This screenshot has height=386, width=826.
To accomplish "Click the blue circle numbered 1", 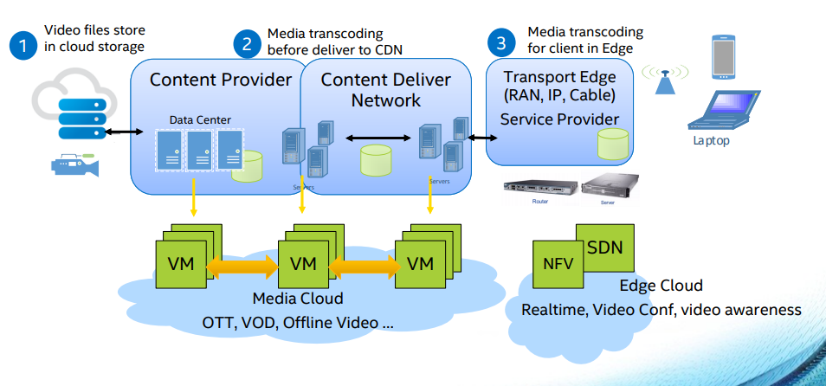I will click(23, 45).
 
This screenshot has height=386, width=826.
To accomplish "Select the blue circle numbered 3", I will click(500, 42).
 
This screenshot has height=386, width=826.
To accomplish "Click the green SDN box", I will click(603, 247).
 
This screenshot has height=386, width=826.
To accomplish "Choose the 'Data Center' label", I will click(200, 119).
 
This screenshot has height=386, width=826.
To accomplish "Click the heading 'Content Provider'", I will click(221, 80).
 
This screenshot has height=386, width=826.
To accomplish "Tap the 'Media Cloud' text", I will click(298, 299).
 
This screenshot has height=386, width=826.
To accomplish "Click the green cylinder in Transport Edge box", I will click(613, 143).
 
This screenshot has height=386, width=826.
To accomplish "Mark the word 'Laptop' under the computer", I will click(711, 140).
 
